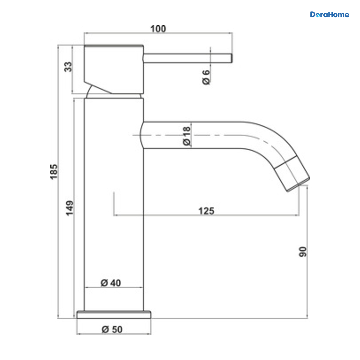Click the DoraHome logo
(x=329, y=15)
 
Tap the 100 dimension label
(x=158, y=29)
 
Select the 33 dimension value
(x=68, y=67)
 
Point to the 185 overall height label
(x=54, y=172)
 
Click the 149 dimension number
(x=70, y=208)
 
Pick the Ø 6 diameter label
(x=206, y=77)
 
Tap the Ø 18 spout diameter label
(x=186, y=136)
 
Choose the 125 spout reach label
(x=206, y=211)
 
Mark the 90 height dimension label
(x=303, y=252)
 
